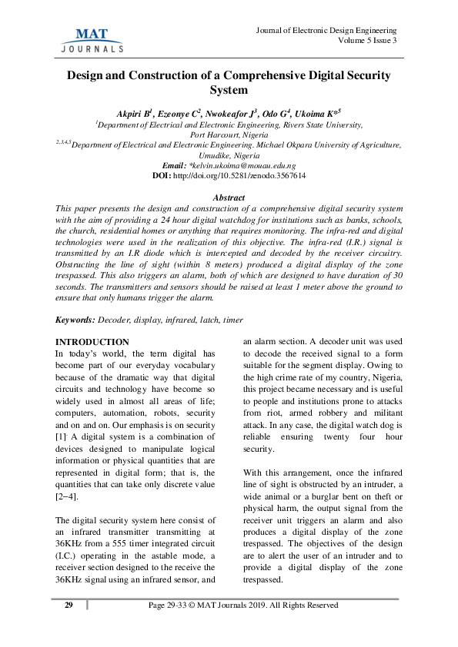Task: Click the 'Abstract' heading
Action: tap(229, 197)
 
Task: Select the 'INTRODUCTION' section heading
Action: tap(93, 341)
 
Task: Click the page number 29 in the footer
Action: tap(68, 606)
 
